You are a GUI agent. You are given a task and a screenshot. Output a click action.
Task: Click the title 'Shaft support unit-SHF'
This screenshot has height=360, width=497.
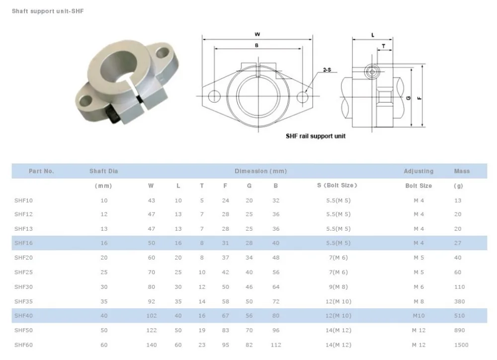pyautogui.click(x=48, y=11)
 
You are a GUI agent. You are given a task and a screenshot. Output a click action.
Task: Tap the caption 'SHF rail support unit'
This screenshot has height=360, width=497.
pyautogui.click(x=315, y=136)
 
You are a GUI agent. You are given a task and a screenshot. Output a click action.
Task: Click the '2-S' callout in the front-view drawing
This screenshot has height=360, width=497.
pyautogui.click(x=327, y=71)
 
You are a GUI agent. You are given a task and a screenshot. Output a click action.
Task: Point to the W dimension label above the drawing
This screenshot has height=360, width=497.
pyautogui.click(x=257, y=34)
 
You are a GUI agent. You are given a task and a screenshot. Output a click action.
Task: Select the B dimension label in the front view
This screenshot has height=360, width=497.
pyautogui.click(x=256, y=45)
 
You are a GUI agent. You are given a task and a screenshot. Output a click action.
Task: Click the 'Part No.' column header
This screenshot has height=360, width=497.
pyautogui.click(x=41, y=171)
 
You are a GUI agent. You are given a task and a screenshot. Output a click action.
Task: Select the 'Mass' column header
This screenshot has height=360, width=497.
pyautogui.click(x=462, y=171)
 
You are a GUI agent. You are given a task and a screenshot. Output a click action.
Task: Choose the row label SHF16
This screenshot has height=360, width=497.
pyautogui.click(x=23, y=243)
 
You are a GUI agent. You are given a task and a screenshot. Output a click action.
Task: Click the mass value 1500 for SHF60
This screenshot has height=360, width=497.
pyautogui.click(x=461, y=345)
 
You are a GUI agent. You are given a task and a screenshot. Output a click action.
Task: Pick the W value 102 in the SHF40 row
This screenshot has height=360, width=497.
pyautogui.click(x=152, y=315)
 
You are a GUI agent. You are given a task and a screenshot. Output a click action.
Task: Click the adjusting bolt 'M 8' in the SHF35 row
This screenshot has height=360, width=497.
pyautogui.click(x=418, y=301)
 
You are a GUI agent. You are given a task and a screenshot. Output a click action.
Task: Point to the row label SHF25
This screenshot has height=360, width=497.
pyautogui.click(x=23, y=272)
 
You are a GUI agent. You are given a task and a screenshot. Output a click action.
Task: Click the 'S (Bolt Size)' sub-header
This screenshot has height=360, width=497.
pyautogui.click(x=337, y=185)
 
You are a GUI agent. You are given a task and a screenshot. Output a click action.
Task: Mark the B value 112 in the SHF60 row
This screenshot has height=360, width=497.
pyautogui.click(x=276, y=345)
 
